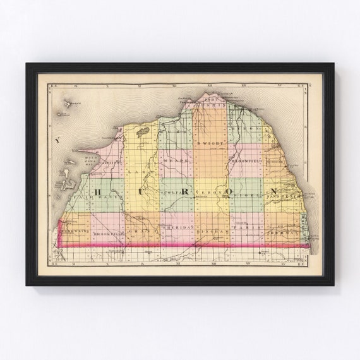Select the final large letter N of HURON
pos(274,191)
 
